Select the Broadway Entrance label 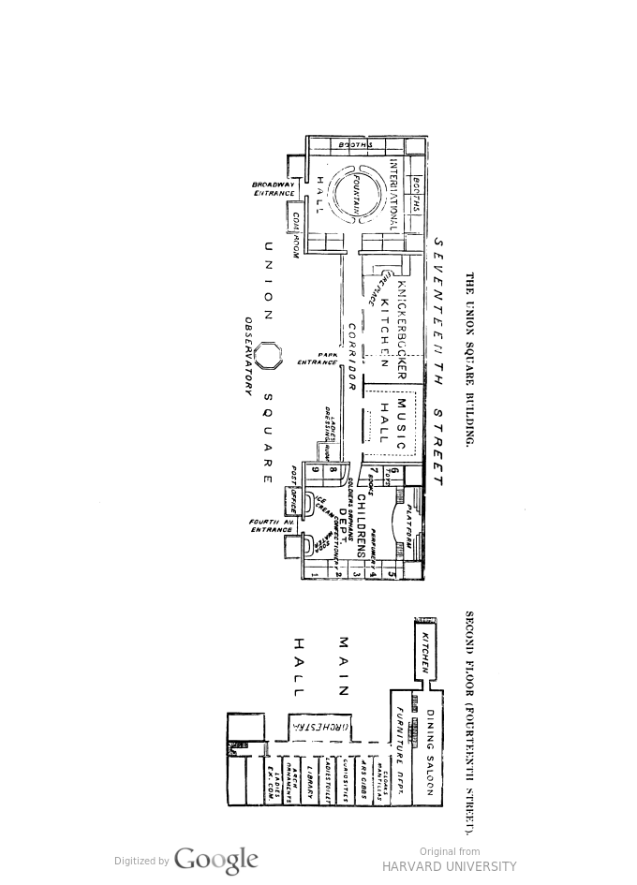click(274, 189)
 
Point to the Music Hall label click(393, 420)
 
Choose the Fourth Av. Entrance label click(272, 526)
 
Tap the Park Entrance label click(318, 359)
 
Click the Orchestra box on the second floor click(319, 726)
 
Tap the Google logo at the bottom click(215, 861)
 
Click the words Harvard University click(450, 866)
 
